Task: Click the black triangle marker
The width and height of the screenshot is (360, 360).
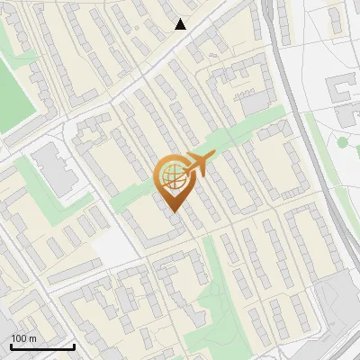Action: (181, 24)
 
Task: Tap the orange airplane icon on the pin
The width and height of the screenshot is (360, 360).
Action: (198, 163)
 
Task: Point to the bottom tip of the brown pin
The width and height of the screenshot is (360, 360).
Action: (174, 211)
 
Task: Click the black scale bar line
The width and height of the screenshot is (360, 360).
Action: (42, 346)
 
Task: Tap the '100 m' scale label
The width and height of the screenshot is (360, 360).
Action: (24, 338)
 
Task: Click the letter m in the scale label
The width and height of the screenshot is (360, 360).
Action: (33, 338)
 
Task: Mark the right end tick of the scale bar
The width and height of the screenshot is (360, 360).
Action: (74, 345)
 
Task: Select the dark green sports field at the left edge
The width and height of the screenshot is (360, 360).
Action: (13, 94)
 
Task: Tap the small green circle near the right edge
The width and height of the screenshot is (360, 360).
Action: (342, 142)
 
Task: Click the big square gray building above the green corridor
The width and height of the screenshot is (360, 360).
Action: (255, 103)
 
